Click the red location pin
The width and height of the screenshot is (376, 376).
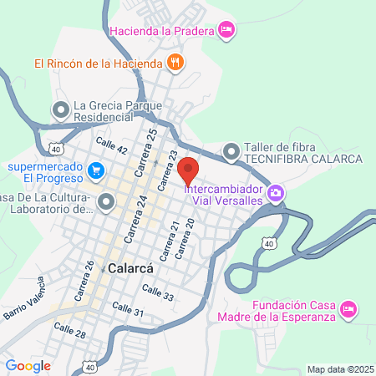pyautogui.click(x=189, y=170)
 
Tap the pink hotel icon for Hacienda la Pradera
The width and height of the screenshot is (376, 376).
pyautogui.click(x=226, y=30)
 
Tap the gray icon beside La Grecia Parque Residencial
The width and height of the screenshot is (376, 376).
pyautogui.click(x=61, y=109)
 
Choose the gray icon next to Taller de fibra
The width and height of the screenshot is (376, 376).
pyautogui.click(x=231, y=151)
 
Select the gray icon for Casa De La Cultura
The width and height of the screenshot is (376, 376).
pyautogui.click(x=106, y=201)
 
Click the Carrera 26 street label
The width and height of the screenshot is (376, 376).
pyautogui.click(x=89, y=277)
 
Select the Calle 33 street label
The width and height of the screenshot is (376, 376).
pyautogui.click(x=158, y=292)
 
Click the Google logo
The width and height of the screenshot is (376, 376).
pyautogui.click(x=28, y=365)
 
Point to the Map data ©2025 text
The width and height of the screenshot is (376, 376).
pyautogui.click(x=339, y=369)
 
